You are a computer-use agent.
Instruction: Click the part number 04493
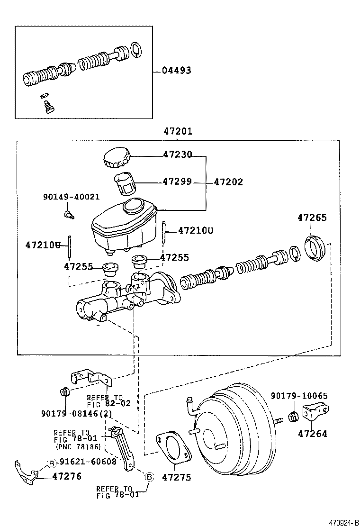pyautogui.click(x=176, y=71)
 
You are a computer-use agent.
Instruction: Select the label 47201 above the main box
pyautogui.click(x=178, y=131)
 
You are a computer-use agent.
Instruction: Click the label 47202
pyautogui.click(x=228, y=182)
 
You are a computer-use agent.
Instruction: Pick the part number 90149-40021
pyautogui.click(x=71, y=197)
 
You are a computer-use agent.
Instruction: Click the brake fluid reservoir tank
pyautogui.click(x=124, y=225)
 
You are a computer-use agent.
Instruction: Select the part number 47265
pyautogui.click(x=312, y=218)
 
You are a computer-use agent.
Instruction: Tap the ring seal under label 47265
pyautogui.click(x=314, y=248)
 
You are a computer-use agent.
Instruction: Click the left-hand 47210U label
pyautogui.click(x=43, y=245)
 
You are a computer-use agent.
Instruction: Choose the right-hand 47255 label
pyautogui.click(x=174, y=257)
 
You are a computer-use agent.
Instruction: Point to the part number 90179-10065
pyautogui.click(x=299, y=396)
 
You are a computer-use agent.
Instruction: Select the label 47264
pyautogui.click(x=312, y=433)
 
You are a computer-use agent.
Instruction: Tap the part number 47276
pyautogui.click(x=67, y=476)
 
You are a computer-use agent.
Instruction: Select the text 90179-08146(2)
pyautogui.click(x=76, y=413)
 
